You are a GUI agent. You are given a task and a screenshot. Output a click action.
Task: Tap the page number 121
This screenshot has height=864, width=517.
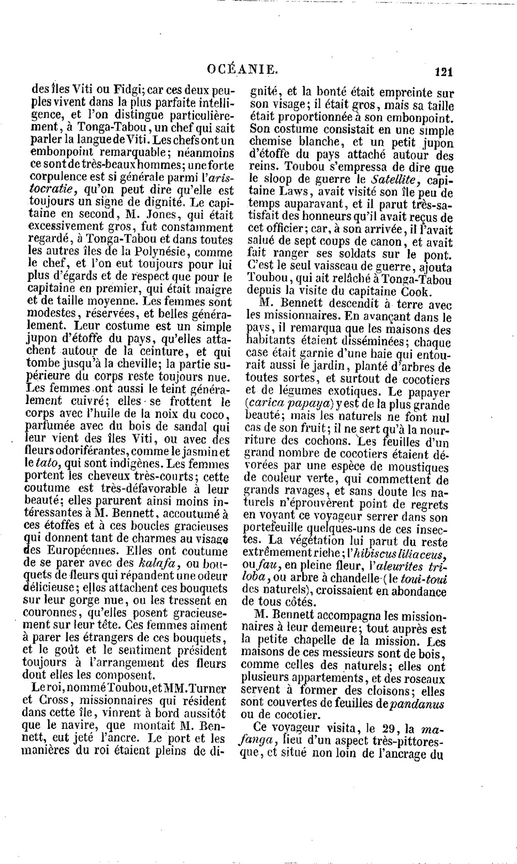point(444,72)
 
